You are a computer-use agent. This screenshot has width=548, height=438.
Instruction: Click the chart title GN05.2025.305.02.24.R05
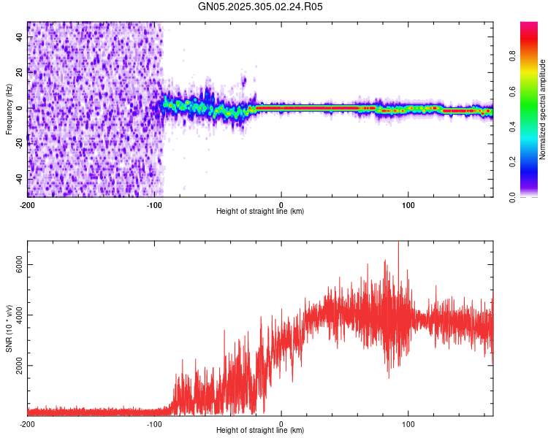[x=261, y=7]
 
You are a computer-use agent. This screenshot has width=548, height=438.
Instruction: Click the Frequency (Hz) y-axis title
[x=9, y=109]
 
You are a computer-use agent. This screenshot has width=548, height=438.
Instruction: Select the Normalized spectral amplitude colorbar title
[x=542, y=109]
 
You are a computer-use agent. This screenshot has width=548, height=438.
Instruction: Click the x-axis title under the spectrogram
[x=260, y=211]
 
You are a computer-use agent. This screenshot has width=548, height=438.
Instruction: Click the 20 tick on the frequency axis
[x=20, y=72]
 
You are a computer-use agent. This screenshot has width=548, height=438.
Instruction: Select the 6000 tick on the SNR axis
[x=20, y=266]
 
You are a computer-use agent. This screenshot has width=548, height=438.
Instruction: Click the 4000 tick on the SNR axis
[x=20, y=315]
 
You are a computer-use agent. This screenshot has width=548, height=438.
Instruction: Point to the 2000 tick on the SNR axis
[x=20, y=365]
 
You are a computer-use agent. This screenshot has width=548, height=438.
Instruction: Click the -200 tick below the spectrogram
[x=28, y=204]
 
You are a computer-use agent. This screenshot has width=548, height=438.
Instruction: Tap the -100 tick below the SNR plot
[x=154, y=423]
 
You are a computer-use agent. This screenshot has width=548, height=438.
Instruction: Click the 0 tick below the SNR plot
[x=281, y=423]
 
